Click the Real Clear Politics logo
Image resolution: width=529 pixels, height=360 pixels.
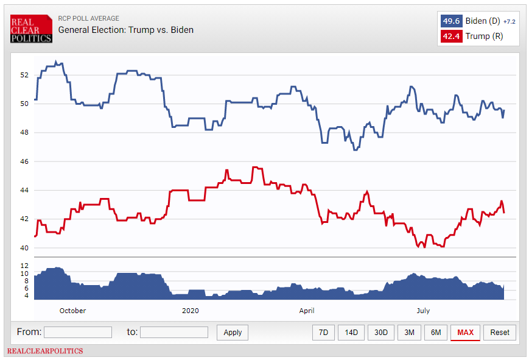31,29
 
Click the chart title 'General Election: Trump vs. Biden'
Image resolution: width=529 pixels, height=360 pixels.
126,30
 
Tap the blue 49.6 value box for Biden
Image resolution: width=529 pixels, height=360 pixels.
450,21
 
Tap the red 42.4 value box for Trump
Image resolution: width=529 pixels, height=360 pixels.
450,36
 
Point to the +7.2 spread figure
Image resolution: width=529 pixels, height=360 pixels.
509,21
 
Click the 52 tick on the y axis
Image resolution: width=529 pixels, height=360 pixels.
24,75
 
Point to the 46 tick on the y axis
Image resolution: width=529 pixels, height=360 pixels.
24,161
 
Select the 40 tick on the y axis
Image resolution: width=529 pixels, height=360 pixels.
24,248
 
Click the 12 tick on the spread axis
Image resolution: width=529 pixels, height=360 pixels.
24,266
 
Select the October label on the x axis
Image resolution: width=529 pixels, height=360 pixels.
72,311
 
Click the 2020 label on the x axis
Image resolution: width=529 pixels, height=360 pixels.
191,311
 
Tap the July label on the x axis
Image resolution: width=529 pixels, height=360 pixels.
422,311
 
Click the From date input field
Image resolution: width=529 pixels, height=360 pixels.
78,332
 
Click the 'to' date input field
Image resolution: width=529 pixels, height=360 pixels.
174,332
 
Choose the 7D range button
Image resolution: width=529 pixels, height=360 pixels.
324,332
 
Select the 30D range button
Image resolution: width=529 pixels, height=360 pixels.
381,332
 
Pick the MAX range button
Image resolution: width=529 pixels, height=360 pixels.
465,332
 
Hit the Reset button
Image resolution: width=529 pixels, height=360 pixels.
500,332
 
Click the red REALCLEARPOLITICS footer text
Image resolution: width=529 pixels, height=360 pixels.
45,351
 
